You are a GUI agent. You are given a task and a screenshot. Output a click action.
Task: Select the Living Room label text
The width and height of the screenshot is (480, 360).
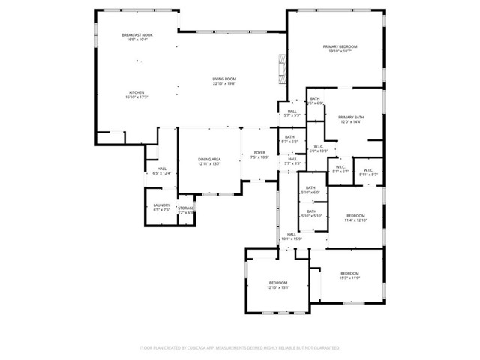224,81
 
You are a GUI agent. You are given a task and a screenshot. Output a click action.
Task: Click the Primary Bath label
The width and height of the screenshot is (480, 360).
350,120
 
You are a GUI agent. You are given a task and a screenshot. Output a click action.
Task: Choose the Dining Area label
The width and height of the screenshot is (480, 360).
209,161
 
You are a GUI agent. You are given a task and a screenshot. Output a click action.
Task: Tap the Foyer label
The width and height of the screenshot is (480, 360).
259,155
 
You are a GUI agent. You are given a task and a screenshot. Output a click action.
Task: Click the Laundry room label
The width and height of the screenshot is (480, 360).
162,208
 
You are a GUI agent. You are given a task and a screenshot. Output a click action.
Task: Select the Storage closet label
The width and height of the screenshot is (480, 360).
186,211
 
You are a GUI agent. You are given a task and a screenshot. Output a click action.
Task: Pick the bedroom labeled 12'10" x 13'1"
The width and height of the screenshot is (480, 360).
277,284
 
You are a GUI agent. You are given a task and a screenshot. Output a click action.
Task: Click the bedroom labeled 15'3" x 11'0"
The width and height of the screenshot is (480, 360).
349,275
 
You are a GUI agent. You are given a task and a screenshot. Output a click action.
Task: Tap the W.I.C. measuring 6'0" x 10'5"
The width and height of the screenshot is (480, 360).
319,148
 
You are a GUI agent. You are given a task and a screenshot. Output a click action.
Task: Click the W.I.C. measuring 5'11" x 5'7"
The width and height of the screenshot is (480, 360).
369,172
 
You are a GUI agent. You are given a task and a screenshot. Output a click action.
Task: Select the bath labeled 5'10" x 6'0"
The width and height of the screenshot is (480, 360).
310,190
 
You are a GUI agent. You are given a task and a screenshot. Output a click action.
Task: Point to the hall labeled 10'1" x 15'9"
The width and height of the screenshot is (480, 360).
292,237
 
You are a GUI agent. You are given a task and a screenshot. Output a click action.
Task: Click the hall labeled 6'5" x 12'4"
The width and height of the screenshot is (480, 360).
162,171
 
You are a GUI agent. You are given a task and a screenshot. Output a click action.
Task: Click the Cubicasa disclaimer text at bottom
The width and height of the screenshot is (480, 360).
240,348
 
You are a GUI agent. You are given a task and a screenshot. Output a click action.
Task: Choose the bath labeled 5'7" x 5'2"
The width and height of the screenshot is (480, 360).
289,139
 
